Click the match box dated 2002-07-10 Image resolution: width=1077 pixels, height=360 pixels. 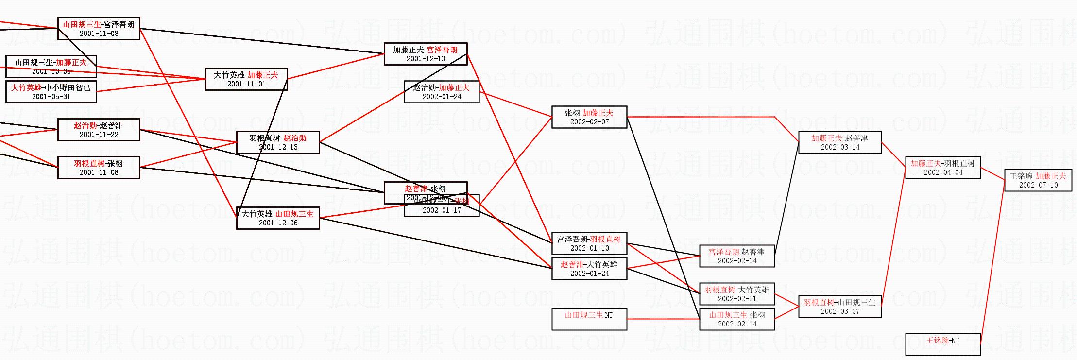[x=1038, y=180]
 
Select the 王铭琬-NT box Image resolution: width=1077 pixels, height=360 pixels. [x=942, y=343]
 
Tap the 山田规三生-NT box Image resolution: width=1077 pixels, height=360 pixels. [x=589, y=319]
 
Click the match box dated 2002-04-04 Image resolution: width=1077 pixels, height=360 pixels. [x=942, y=168]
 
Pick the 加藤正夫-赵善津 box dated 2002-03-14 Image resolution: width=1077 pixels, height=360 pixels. [x=839, y=142]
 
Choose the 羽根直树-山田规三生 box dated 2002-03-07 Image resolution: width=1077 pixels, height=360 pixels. [x=839, y=307]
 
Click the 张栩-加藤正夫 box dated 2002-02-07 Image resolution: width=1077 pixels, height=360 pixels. [x=589, y=117]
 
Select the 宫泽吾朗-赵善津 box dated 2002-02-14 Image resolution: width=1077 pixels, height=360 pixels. [x=736, y=256]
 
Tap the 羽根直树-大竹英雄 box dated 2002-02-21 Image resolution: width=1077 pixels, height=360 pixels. [x=736, y=294]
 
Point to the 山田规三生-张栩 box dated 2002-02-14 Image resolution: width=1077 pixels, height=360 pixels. [x=736, y=319]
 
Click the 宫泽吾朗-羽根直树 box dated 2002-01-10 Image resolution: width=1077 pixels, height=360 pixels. [x=589, y=243]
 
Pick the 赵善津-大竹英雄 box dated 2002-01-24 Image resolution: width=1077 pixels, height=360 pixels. [x=589, y=269]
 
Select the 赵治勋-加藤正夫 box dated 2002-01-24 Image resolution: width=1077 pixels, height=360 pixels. [x=441, y=92]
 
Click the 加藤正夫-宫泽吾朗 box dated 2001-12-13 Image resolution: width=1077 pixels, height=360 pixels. [x=425, y=54]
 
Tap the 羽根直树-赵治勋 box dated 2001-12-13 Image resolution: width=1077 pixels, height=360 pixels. [x=278, y=142]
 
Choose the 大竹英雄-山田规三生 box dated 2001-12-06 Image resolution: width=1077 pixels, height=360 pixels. [x=278, y=218]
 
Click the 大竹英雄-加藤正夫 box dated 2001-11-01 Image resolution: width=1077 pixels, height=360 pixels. [x=246, y=79]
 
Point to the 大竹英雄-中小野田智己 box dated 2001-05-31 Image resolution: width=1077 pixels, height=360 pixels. [x=51, y=92]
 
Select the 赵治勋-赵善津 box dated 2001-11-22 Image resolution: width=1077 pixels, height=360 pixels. [x=99, y=130]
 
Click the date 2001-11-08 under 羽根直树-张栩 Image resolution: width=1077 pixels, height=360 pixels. [x=99, y=172]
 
